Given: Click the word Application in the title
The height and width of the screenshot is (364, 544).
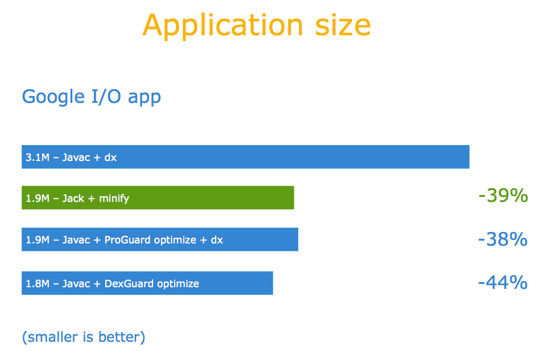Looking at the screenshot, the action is (x=222, y=26).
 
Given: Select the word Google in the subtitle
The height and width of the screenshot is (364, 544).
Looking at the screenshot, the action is (x=53, y=97).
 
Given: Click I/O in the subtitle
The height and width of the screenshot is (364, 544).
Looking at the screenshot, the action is (x=106, y=96).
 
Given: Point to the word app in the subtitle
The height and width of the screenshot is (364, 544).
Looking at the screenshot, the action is (x=145, y=98).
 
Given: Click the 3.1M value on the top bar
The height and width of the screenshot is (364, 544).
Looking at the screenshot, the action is (x=38, y=158).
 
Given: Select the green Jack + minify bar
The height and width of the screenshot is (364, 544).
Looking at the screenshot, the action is (x=158, y=197).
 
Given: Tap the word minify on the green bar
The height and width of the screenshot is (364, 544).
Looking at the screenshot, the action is (x=114, y=198).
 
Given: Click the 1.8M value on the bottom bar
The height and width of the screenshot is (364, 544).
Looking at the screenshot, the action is (x=38, y=284).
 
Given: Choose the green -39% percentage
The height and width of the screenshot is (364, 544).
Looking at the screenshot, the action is (x=503, y=196).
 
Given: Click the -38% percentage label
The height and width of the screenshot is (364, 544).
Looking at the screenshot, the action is (x=503, y=239).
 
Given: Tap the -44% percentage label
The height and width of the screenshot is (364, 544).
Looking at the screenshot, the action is (x=503, y=282).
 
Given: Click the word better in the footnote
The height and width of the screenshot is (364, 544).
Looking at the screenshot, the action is (x=122, y=337).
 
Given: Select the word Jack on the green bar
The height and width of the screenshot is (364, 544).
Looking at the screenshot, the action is (x=73, y=198).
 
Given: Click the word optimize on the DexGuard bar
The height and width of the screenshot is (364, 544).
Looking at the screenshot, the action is (x=178, y=284).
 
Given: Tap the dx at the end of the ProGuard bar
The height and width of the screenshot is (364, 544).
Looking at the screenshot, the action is (x=217, y=240).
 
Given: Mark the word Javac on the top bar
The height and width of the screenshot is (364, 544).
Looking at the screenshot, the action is (x=76, y=158).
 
